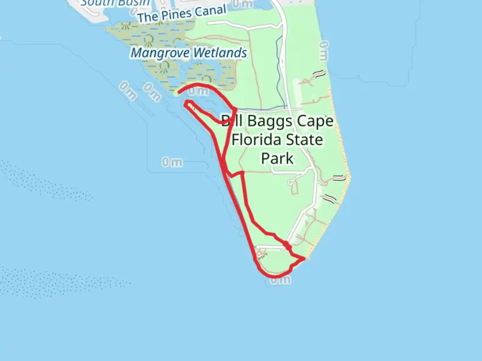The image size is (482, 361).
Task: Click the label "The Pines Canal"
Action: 182,14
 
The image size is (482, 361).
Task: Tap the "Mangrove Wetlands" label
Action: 189,53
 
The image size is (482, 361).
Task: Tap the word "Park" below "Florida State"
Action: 277,158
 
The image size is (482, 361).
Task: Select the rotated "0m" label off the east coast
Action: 324,51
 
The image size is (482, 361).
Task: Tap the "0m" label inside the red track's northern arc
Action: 198,91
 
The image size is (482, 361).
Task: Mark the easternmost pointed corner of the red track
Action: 304,258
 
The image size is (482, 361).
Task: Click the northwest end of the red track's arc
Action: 178,93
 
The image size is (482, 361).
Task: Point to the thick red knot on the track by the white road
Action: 287,246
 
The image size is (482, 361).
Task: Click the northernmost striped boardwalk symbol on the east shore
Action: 319,73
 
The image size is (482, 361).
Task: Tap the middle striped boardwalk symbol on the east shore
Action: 339,178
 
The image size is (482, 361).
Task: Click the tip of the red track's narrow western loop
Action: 186,103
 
